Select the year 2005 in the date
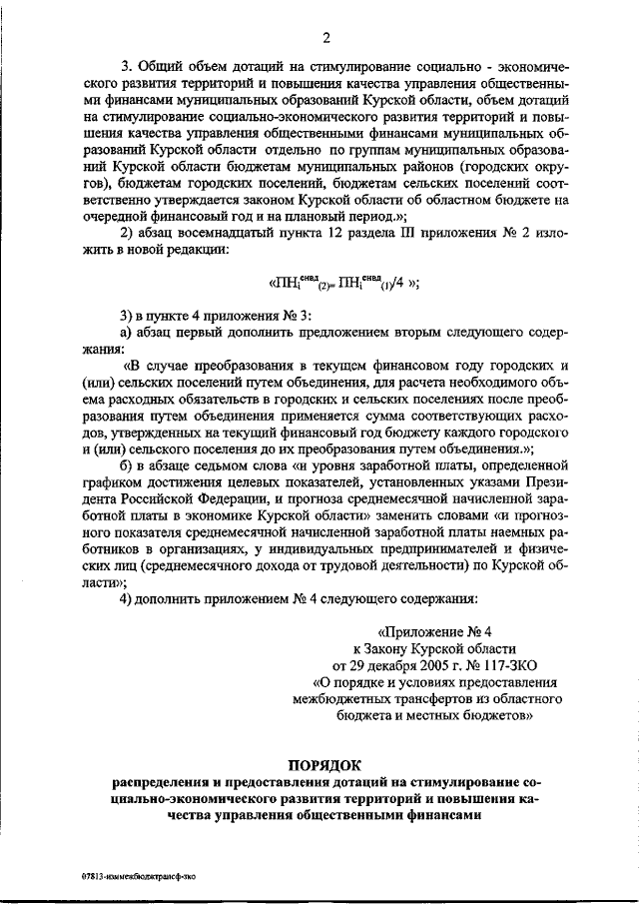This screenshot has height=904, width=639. (404, 664)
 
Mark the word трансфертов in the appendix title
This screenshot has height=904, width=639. (421, 698)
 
